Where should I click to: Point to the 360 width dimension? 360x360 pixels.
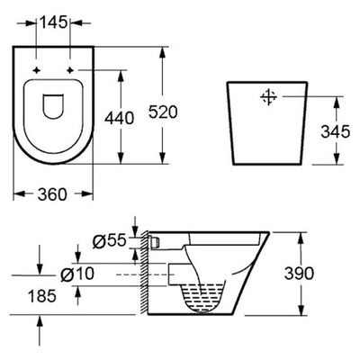click(55, 193)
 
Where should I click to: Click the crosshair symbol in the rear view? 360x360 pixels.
click(268, 96)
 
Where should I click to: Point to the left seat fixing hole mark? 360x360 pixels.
click(37, 69)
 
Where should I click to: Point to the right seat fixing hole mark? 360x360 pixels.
click(71, 69)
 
